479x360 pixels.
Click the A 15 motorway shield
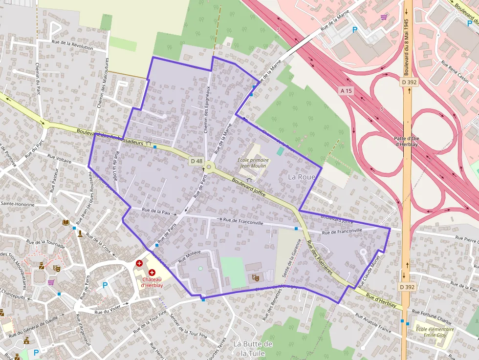pyautogui.click(x=346, y=91)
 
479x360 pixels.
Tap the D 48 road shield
pyautogui.click(x=196, y=161)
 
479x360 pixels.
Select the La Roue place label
pyautogui.click(x=302, y=177)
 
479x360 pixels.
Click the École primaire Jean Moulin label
pyautogui.click(x=253, y=163)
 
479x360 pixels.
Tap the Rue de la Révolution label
pyautogui.click(x=72, y=45)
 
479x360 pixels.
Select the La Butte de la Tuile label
pyautogui.click(x=253, y=348)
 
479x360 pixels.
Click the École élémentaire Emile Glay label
pyautogui.click(x=435, y=332)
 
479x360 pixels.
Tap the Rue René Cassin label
pyautogui.click(x=454, y=72)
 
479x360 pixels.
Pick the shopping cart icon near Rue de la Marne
pyautogui.click(x=384, y=17)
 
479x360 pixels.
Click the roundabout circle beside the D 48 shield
pyautogui.click(x=209, y=167)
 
